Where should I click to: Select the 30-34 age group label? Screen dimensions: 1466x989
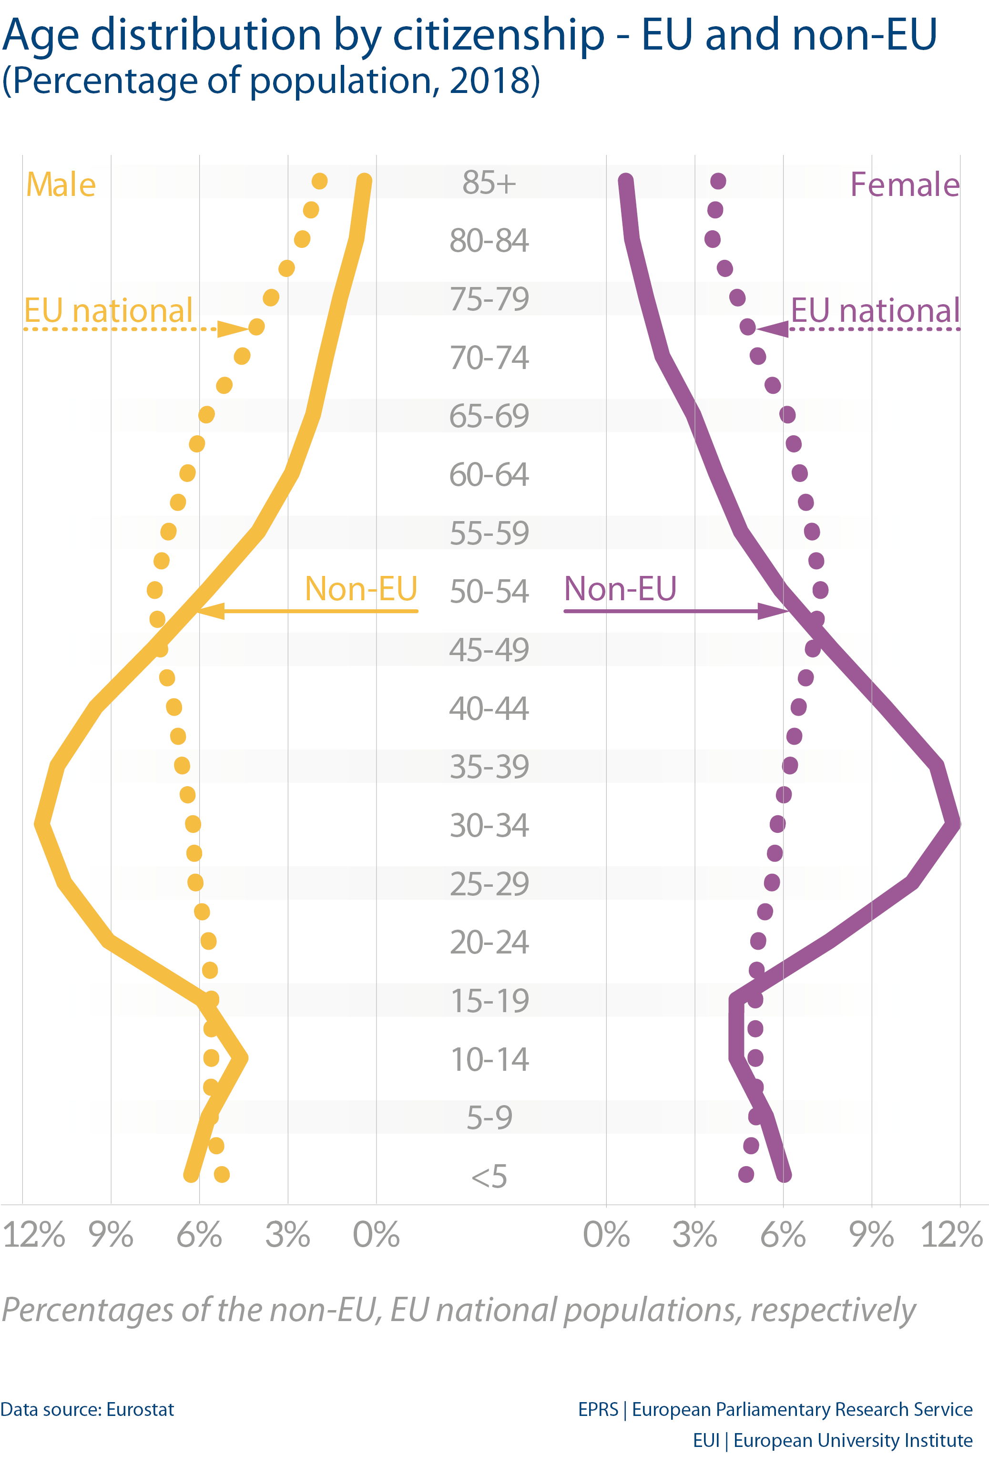click(489, 825)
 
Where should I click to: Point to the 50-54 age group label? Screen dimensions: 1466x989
click(489, 591)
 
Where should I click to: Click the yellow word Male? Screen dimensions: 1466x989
click(61, 185)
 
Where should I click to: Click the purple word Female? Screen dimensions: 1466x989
click(905, 185)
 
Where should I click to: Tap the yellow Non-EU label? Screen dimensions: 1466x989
click(361, 588)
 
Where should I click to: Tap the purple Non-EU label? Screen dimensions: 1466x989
click(620, 588)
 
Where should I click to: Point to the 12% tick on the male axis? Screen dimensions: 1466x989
click(34, 1234)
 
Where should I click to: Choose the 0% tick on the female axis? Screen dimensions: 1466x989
click(606, 1234)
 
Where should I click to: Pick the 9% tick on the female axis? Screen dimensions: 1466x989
click(872, 1234)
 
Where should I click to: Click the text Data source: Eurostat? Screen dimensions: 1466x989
click(87, 1410)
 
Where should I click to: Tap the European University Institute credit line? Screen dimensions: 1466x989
click(833, 1441)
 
